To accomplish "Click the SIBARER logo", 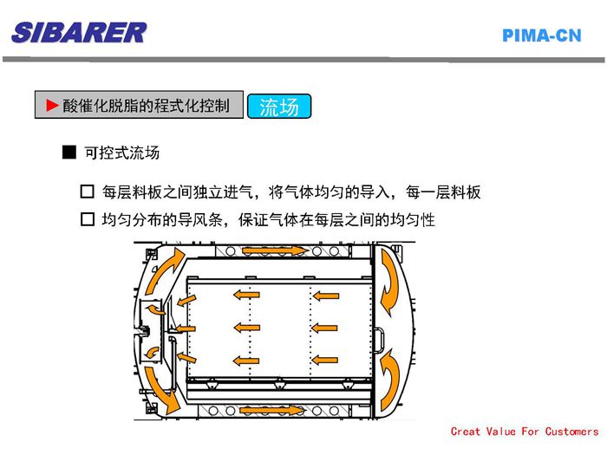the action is click(79, 33).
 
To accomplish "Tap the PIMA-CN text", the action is click(542, 36).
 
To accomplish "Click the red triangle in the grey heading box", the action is click(52, 105).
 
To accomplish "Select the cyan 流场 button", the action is click(279, 106).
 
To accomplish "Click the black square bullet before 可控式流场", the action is click(69, 153).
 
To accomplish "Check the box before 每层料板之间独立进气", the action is click(87, 192).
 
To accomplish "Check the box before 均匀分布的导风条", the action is click(87, 219).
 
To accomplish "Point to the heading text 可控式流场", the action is click(122, 153).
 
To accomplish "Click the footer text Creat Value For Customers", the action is click(525, 432).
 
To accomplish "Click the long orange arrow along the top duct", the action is click(275, 250).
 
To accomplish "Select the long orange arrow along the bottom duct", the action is click(271, 410).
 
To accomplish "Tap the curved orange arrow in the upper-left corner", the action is click(165, 270).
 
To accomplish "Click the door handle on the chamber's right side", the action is click(380, 340).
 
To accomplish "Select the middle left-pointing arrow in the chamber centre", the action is click(247, 328).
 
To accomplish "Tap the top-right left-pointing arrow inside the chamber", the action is click(325, 296).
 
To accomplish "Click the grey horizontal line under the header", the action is click(303, 60).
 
